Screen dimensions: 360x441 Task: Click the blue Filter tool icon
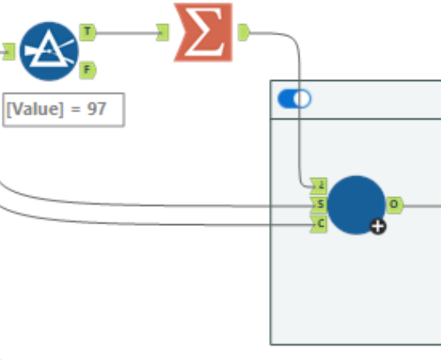coord(49,51)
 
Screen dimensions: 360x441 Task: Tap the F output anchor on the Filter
coord(87,70)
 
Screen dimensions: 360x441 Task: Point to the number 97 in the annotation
coord(96,110)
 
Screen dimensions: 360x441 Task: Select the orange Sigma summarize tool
coord(203,33)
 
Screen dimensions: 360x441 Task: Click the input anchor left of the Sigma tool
coord(163,32)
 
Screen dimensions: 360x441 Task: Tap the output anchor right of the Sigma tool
coord(243,32)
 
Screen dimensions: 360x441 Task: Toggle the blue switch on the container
coord(294,99)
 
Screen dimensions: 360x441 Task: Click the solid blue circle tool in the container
coord(356,204)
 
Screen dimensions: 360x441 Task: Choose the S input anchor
coord(319,205)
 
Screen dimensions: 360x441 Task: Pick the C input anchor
coord(319,224)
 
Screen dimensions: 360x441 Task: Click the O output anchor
coord(394,205)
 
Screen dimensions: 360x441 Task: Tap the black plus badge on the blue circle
coord(378,225)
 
